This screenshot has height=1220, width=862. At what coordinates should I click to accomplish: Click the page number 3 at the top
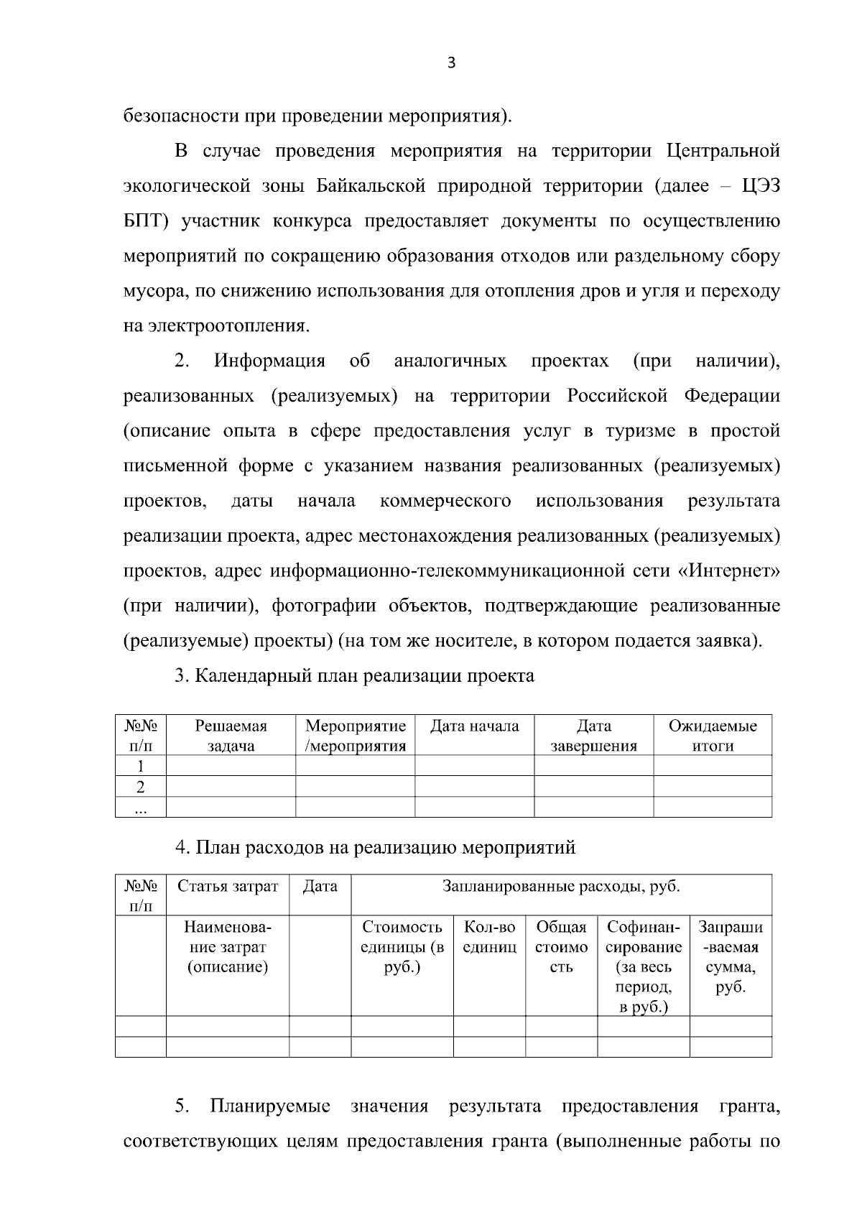click(451, 63)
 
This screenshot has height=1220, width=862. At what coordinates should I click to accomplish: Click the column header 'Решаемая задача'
click(231, 736)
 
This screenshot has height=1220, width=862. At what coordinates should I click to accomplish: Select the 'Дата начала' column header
click(474, 726)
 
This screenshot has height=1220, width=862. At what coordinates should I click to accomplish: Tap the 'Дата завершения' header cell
click(593, 736)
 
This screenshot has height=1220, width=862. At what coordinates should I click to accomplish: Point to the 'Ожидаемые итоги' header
click(713, 736)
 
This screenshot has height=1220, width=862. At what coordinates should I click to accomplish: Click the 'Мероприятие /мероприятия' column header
click(355, 736)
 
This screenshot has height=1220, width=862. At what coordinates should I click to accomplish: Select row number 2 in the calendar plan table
click(140, 787)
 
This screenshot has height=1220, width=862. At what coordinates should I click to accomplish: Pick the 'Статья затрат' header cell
click(228, 887)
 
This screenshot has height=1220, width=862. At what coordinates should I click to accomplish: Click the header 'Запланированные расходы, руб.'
click(561, 887)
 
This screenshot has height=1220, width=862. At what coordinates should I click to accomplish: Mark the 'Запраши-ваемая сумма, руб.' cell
click(731, 957)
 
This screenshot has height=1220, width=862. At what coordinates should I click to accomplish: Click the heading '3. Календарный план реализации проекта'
click(355, 676)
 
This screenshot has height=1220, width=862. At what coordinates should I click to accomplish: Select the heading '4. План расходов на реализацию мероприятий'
click(376, 848)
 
